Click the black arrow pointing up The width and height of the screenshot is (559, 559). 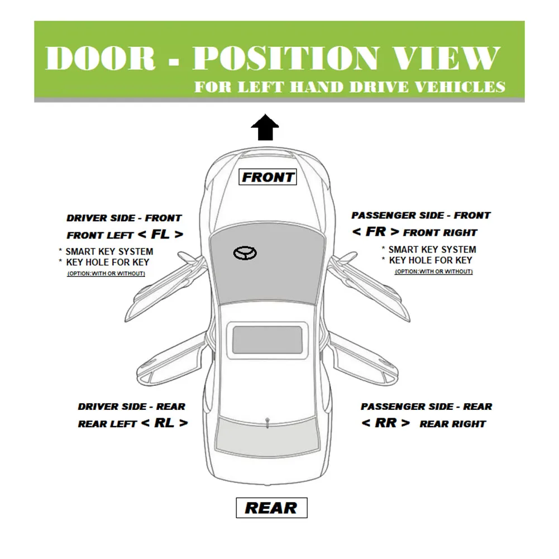pyautogui.click(x=265, y=128)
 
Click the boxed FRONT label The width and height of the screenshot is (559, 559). pyautogui.click(x=268, y=177)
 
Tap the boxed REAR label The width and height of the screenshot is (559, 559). pyautogui.click(x=271, y=508)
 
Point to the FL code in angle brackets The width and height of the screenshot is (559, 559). pyautogui.click(x=160, y=234)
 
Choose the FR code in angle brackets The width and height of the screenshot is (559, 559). pyautogui.click(x=375, y=232)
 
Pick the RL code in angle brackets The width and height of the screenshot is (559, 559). pyautogui.click(x=164, y=423)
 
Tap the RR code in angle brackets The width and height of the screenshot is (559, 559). pyautogui.click(x=385, y=423)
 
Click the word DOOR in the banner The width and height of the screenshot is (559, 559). pyautogui.click(x=100, y=58)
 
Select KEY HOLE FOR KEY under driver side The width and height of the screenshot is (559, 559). pyautogui.click(x=107, y=262)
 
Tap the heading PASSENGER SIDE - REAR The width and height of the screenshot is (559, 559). pyautogui.click(x=426, y=407)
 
